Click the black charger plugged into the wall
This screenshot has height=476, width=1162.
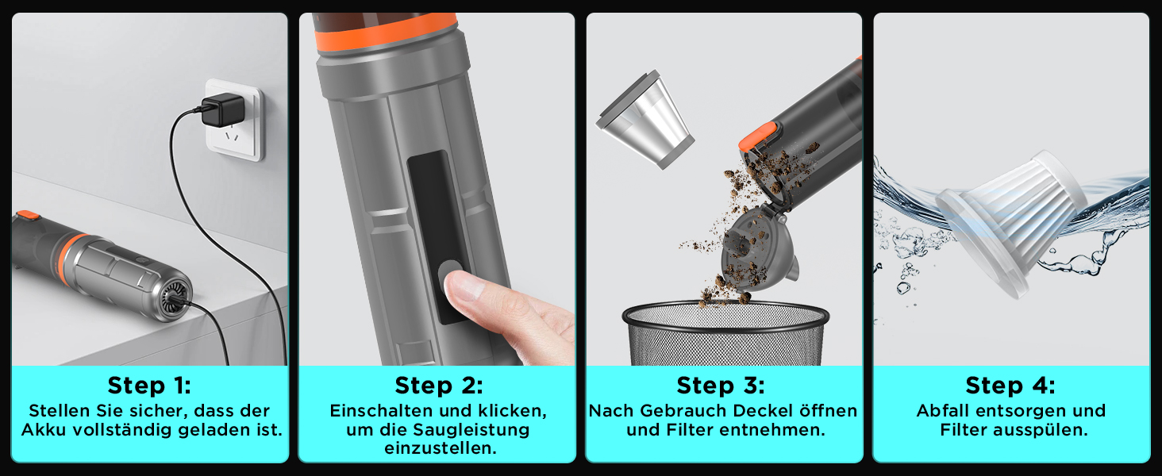click(222, 111)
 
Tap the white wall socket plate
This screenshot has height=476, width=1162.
click(234, 120)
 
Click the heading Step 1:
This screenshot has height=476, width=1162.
click(149, 386)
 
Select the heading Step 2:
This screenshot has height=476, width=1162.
click(439, 386)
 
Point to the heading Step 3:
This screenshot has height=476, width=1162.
click(721, 386)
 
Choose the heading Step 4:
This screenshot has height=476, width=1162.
click(1010, 386)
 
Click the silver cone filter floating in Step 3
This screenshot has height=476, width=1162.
click(644, 120)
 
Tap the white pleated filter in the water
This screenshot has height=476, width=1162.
click(1011, 223)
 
